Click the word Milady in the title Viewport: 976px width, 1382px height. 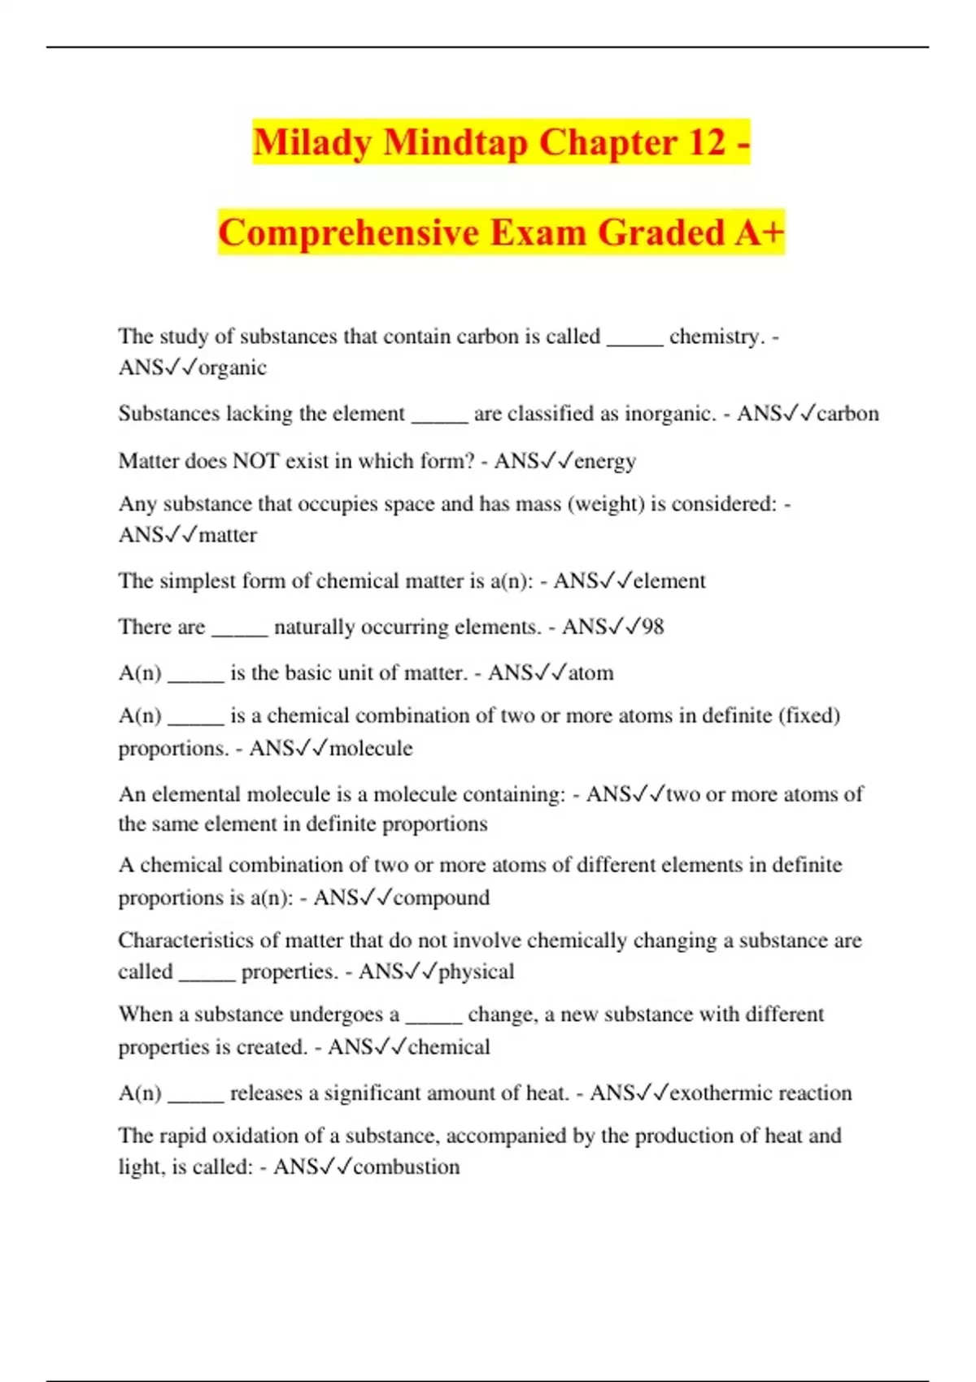(x=312, y=142)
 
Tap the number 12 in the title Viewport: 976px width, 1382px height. (x=706, y=142)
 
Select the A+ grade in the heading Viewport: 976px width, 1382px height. (x=759, y=233)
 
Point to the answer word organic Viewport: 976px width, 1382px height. (x=233, y=367)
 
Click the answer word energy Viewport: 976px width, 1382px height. (x=605, y=461)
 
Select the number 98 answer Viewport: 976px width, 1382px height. (x=652, y=627)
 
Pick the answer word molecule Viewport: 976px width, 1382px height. (x=371, y=748)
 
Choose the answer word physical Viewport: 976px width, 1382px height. (x=476, y=971)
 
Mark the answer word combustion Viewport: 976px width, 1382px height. (x=407, y=1167)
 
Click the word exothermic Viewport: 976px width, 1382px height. (x=723, y=1093)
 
